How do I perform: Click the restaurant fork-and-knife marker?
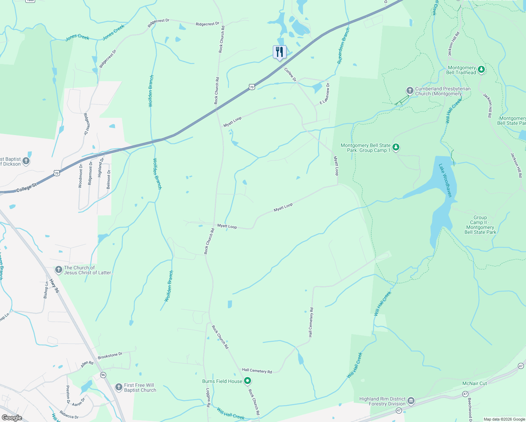pos(280,52)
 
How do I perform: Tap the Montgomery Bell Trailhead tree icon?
pos(481,70)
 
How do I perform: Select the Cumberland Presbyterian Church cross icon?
pos(410,91)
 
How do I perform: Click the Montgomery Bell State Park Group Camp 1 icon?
pos(396,147)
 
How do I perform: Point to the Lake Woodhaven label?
pos(445,180)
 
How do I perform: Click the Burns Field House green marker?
pos(248,381)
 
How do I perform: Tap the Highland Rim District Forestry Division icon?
pos(411,401)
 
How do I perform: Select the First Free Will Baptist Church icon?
pos(119,387)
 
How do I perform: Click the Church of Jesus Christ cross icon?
pos(59,270)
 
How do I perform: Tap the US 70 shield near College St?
pos(57,173)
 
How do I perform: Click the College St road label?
pos(26,188)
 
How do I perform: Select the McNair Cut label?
pos(474,383)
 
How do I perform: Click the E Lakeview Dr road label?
pos(325,94)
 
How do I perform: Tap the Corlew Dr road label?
pos(290,74)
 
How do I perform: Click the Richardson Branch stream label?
pos(344,46)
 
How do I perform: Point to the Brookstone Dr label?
pos(110,356)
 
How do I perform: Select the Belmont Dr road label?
pos(109,179)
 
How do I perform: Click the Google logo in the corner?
pos(12,418)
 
